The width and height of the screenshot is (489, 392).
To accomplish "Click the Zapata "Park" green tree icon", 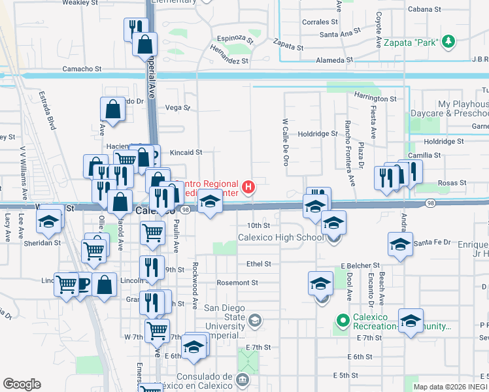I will [x=448, y=42].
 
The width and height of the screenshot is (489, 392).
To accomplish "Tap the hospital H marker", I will [x=248, y=188].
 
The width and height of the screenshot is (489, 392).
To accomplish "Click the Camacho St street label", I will [x=82, y=68].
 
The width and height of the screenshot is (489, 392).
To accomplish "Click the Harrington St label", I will [x=375, y=98].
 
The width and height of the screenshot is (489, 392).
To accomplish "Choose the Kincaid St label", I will [x=186, y=152].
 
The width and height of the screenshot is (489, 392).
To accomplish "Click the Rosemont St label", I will [x=237, y=283].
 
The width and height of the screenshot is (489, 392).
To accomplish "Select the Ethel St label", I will [x=258, y=264].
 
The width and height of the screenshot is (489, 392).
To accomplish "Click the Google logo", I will [x=22, y=384].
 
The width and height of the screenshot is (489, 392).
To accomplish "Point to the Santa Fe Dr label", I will [x=432, y=242].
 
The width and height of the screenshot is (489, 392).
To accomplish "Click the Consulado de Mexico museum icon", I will [x=243, y=379].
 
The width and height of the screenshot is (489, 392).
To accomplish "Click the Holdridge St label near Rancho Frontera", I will [x=316, y=133].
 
